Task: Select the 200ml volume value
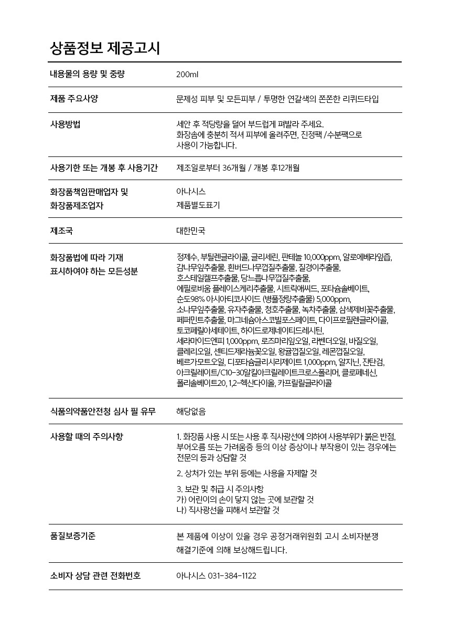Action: tap(187, 75)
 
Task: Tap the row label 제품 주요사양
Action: tap(74, 99)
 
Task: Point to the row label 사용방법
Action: tap(65, 124)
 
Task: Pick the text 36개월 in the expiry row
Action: tap(234, 168)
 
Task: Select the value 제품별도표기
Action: tap(198, 205)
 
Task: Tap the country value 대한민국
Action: tap(191, 230)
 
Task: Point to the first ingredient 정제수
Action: tap(187, 257)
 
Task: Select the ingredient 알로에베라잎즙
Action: tap(367, 257)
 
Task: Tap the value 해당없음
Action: tap(191, 412)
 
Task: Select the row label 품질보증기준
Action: tap(73, 536)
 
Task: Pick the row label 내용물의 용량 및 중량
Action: tap(87, 74)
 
